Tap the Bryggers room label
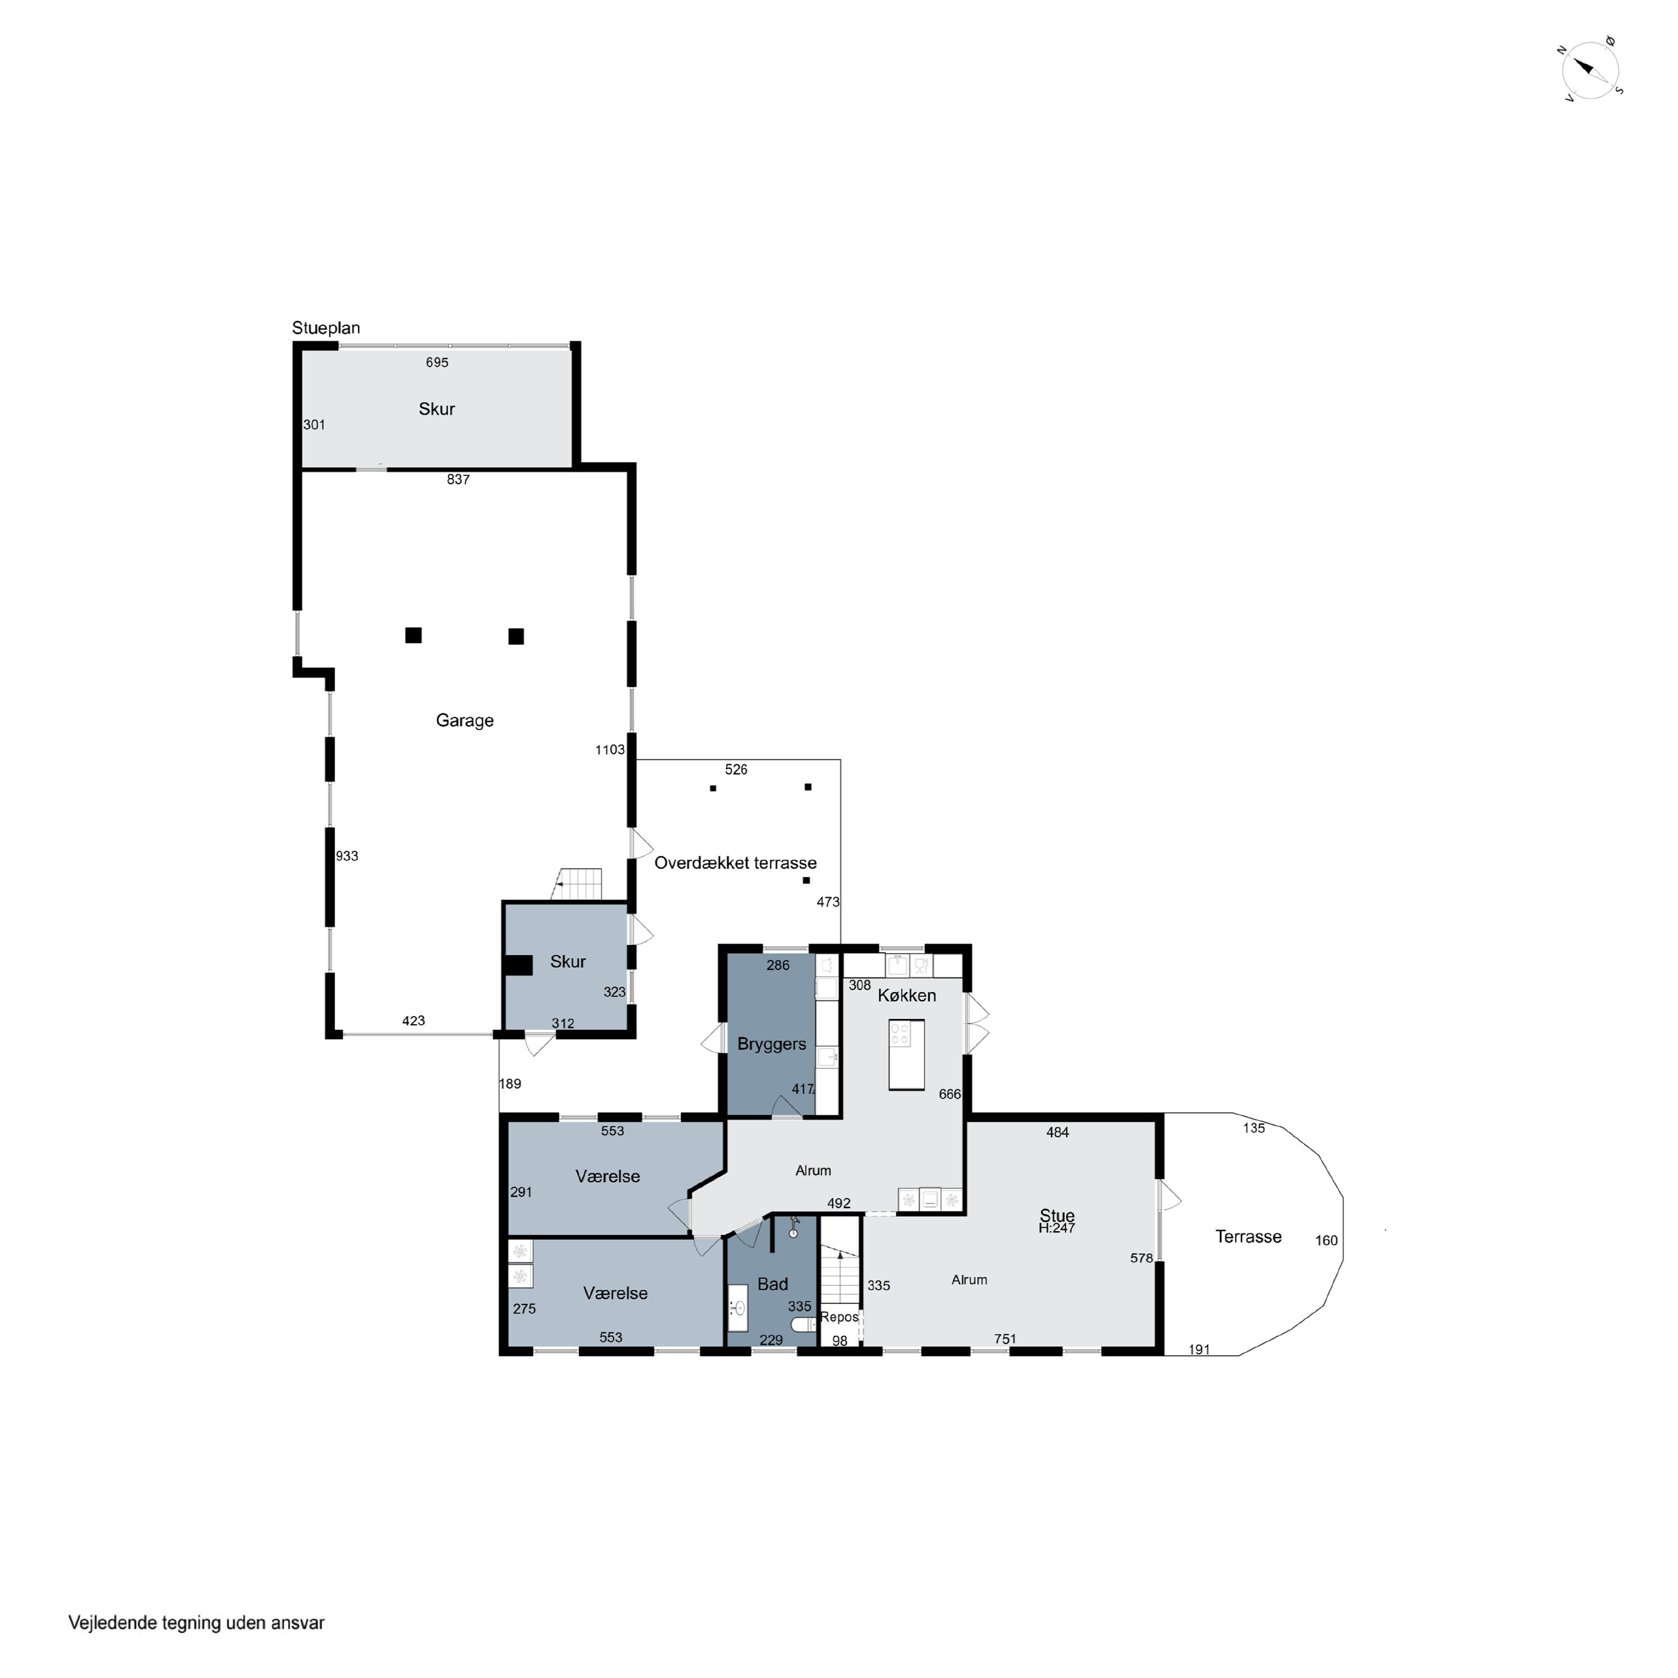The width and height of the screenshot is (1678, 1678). click(x=771, y=1044)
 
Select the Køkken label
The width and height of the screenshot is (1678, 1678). click(x=907, y=996)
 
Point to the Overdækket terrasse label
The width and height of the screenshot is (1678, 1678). click(x=736, y=862)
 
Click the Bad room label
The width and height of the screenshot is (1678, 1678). click(x=772, y=1284)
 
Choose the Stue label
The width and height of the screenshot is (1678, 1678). click(x=1057, y=1215)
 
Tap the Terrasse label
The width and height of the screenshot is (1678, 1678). click(x=1248, y=1237)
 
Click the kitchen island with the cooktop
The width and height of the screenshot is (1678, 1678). click(x=906, y=1054)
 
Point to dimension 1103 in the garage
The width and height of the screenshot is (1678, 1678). click(x=610, y=750)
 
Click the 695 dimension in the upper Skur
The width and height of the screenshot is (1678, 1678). click(x=437, y=362)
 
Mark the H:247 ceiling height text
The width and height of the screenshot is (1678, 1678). click(x=1057, y=1228)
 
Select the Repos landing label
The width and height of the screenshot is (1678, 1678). click(x=839, y=1317)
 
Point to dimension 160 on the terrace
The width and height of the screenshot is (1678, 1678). click(x=1326, y=1240)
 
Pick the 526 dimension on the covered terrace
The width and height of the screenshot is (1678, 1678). click(x=736, y=770)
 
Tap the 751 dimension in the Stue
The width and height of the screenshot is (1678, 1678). click(x=1005, y=1339)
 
